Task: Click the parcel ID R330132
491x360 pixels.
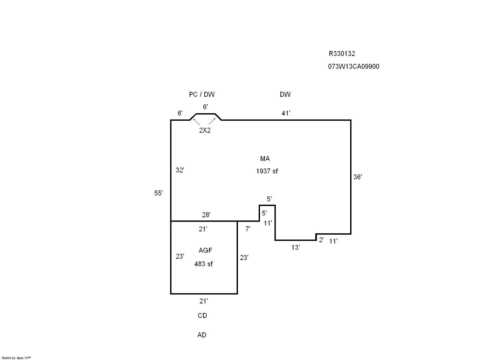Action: [342, 54]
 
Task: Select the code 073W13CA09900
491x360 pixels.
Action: [353, 66]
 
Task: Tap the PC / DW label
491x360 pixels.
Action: [202, 94]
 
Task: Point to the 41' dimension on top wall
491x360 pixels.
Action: [286, 113]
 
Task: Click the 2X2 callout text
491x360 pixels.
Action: [205, 130]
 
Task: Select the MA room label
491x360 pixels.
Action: [265, 159]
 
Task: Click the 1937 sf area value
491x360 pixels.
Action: [267, 171]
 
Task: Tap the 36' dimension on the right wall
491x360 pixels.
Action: [357, 177]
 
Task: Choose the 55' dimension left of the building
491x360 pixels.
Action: [159, 193]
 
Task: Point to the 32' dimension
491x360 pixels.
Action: [180, 170]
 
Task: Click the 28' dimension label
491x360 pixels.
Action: [206, 215]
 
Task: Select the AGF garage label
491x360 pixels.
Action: [205, 250]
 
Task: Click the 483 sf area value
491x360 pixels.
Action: [203, 264]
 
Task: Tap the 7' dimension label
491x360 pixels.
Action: [248, 229]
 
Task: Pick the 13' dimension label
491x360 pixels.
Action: [296, 247]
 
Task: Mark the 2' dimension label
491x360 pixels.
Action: [321, 240]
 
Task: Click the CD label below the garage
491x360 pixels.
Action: [202, 316]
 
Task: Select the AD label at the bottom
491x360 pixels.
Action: [202, 335]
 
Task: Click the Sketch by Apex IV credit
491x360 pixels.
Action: [16, 358]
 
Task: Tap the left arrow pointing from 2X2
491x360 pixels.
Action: [196, 122]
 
